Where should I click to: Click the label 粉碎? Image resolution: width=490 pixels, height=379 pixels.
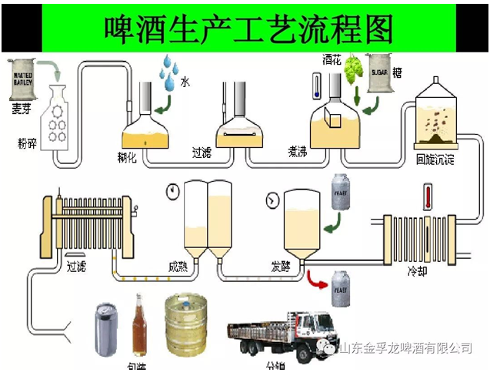coord(28,142)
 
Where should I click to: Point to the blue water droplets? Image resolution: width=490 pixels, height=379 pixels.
coord(168,72)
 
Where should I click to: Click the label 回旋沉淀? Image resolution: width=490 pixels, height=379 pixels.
coord(435,160)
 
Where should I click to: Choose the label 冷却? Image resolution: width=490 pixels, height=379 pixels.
coord(416,272)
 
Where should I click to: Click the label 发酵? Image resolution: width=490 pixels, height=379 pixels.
coord(280,266)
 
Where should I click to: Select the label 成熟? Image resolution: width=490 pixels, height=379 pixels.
coord(178,267)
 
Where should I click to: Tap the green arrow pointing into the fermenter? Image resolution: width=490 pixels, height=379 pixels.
coord(333,224)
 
